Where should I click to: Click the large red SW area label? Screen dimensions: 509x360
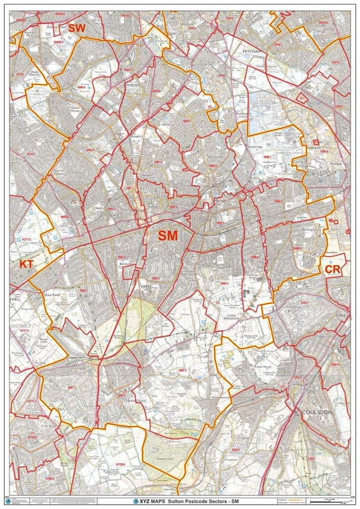[x=77, y=28]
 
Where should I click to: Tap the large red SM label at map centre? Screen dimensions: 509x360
[x=168, y=236]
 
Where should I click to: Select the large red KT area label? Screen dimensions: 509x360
[x=25, y=264]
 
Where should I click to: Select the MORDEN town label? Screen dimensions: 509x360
[x=132, y=85]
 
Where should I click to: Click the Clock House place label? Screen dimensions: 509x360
[x=266, y=364]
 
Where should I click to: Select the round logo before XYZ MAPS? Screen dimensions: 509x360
[x=135, y=501]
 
